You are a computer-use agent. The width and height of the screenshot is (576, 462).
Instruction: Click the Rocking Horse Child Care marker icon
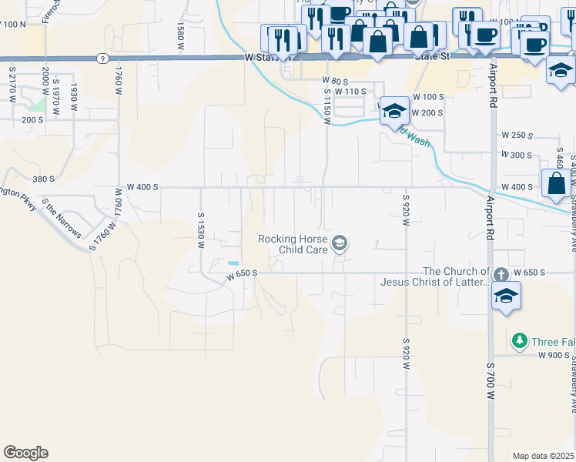(x=340, y=245)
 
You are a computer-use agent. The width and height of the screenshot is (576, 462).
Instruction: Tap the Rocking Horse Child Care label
(x=293, y=244)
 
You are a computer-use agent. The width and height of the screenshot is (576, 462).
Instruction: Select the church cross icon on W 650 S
(x=501, y=274)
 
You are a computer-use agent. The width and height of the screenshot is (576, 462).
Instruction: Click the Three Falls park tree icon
(x=520, y=340)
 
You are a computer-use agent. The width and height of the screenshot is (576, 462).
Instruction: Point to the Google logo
(x=25, y=452)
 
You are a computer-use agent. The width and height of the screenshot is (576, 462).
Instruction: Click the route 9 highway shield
(x=102, y=58)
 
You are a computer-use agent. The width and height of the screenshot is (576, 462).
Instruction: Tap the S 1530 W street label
(x=200, y=231)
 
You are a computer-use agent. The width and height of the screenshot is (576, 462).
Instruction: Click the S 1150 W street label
(x=327, y=100)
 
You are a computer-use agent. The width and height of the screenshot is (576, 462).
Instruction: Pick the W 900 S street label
(x=554, y=355)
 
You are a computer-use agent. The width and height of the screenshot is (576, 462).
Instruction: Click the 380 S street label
(x=43, y=179)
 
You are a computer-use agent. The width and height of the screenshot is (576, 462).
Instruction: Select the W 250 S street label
(x=517, y=135)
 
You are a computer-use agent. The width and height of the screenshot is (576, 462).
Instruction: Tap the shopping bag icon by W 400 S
(x=557, y=185)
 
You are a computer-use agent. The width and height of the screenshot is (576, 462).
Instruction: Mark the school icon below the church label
(x=506, y=296)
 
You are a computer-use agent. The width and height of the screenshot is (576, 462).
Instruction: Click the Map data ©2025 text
(x=543, y=456)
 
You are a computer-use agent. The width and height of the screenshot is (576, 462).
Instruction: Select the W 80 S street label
(x=335, y=80)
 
